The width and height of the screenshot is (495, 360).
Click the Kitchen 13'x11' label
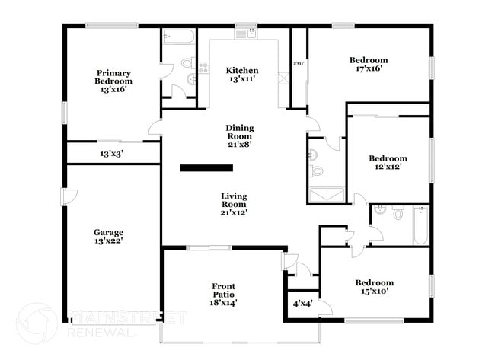244,74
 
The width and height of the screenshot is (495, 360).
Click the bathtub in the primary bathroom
179,37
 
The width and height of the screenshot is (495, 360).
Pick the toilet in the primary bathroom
187,62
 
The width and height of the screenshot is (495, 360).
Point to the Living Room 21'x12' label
234,205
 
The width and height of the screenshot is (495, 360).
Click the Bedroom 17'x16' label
369,64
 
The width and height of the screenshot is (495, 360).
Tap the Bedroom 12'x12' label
388,162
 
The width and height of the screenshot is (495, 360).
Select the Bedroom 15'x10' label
375,287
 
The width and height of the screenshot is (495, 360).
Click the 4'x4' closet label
302,304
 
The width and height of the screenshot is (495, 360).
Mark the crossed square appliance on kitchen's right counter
284,78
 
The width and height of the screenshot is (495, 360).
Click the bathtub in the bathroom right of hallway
420,227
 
